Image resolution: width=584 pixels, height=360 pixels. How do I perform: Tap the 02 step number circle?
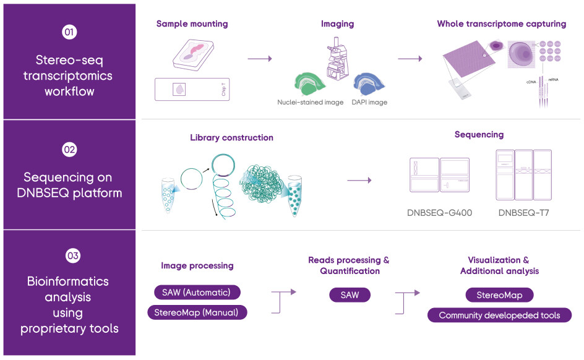pyautogui.click(x=69, y=150)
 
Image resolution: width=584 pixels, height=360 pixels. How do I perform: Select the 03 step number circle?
pyautogui.click(x=69, y=255)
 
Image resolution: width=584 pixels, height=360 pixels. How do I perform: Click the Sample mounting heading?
pyautogui.click(x=192, y=24)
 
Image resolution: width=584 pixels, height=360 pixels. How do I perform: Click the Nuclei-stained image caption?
pyautogui.click(x=310, y=102)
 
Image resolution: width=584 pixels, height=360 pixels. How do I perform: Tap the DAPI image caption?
pyautogui.click(x=369, y=102)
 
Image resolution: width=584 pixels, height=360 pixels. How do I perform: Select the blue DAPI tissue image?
pyautogui.click(x=369, y=84)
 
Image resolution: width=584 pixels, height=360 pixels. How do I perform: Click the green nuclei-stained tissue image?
pyautogui.click(x=313, y=83)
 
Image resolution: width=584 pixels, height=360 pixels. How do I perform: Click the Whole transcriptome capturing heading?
pyautogui.click(x=501, y=24)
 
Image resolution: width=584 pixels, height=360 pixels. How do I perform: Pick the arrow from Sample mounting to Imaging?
pyautogui.click(x=259, y=59)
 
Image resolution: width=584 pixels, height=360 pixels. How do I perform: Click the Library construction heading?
pyautogui.click(x=231, y=137)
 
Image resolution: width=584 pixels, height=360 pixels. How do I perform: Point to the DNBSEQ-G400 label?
pyautogui.click(x=439, y=213)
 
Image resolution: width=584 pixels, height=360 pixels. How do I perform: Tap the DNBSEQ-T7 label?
pyautogui.click(x=523, y=213)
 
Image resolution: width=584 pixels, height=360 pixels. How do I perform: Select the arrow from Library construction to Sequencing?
pyautogui.click(x=359, y=180)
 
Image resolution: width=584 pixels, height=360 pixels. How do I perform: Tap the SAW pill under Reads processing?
pyautogui.click(x=350, y=295)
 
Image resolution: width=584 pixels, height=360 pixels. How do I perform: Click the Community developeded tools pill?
pyautogui.click(x=499, y=315)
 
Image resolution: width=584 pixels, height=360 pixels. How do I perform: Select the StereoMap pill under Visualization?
pyautogui.click(x=499, y=295)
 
